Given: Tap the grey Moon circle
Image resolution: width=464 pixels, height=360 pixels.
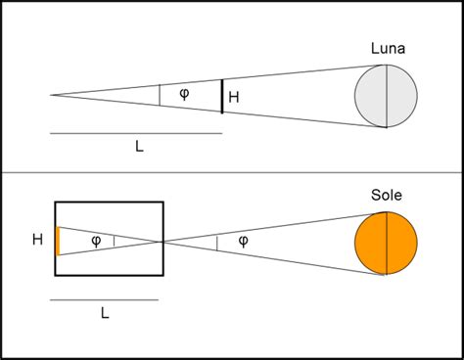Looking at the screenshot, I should click(386, 96).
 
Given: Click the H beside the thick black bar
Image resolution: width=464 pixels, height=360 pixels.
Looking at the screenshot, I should click(233, 97).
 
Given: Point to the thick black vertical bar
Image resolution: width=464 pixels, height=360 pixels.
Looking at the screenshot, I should click(221, 96).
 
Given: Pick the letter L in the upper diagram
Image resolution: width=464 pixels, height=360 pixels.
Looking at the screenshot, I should click(139, 146).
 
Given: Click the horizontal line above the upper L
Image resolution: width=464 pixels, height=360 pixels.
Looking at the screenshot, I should click(136, 132).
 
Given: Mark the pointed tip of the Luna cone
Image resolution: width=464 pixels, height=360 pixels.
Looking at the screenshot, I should click(52, 95).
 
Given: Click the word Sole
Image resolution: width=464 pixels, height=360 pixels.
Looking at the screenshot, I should click(386, 195).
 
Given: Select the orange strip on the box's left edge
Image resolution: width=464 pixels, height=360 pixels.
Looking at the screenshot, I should click(58, 241).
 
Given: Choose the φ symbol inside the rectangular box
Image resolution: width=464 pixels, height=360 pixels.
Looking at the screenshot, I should click(96, 241).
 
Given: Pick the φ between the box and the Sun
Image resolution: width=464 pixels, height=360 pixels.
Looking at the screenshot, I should click(243, 241).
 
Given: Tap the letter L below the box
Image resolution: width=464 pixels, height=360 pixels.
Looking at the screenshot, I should click(104, 313).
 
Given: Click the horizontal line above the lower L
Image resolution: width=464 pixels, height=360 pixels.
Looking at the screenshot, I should click(104, 299).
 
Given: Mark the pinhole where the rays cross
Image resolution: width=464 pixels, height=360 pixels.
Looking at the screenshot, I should click(163, 241).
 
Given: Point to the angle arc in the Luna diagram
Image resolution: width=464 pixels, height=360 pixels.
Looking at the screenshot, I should click(160, 95).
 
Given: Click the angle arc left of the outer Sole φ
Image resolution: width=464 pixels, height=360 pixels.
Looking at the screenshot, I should click(216, 241).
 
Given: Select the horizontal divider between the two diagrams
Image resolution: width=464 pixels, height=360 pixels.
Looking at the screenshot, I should click(232, 173).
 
